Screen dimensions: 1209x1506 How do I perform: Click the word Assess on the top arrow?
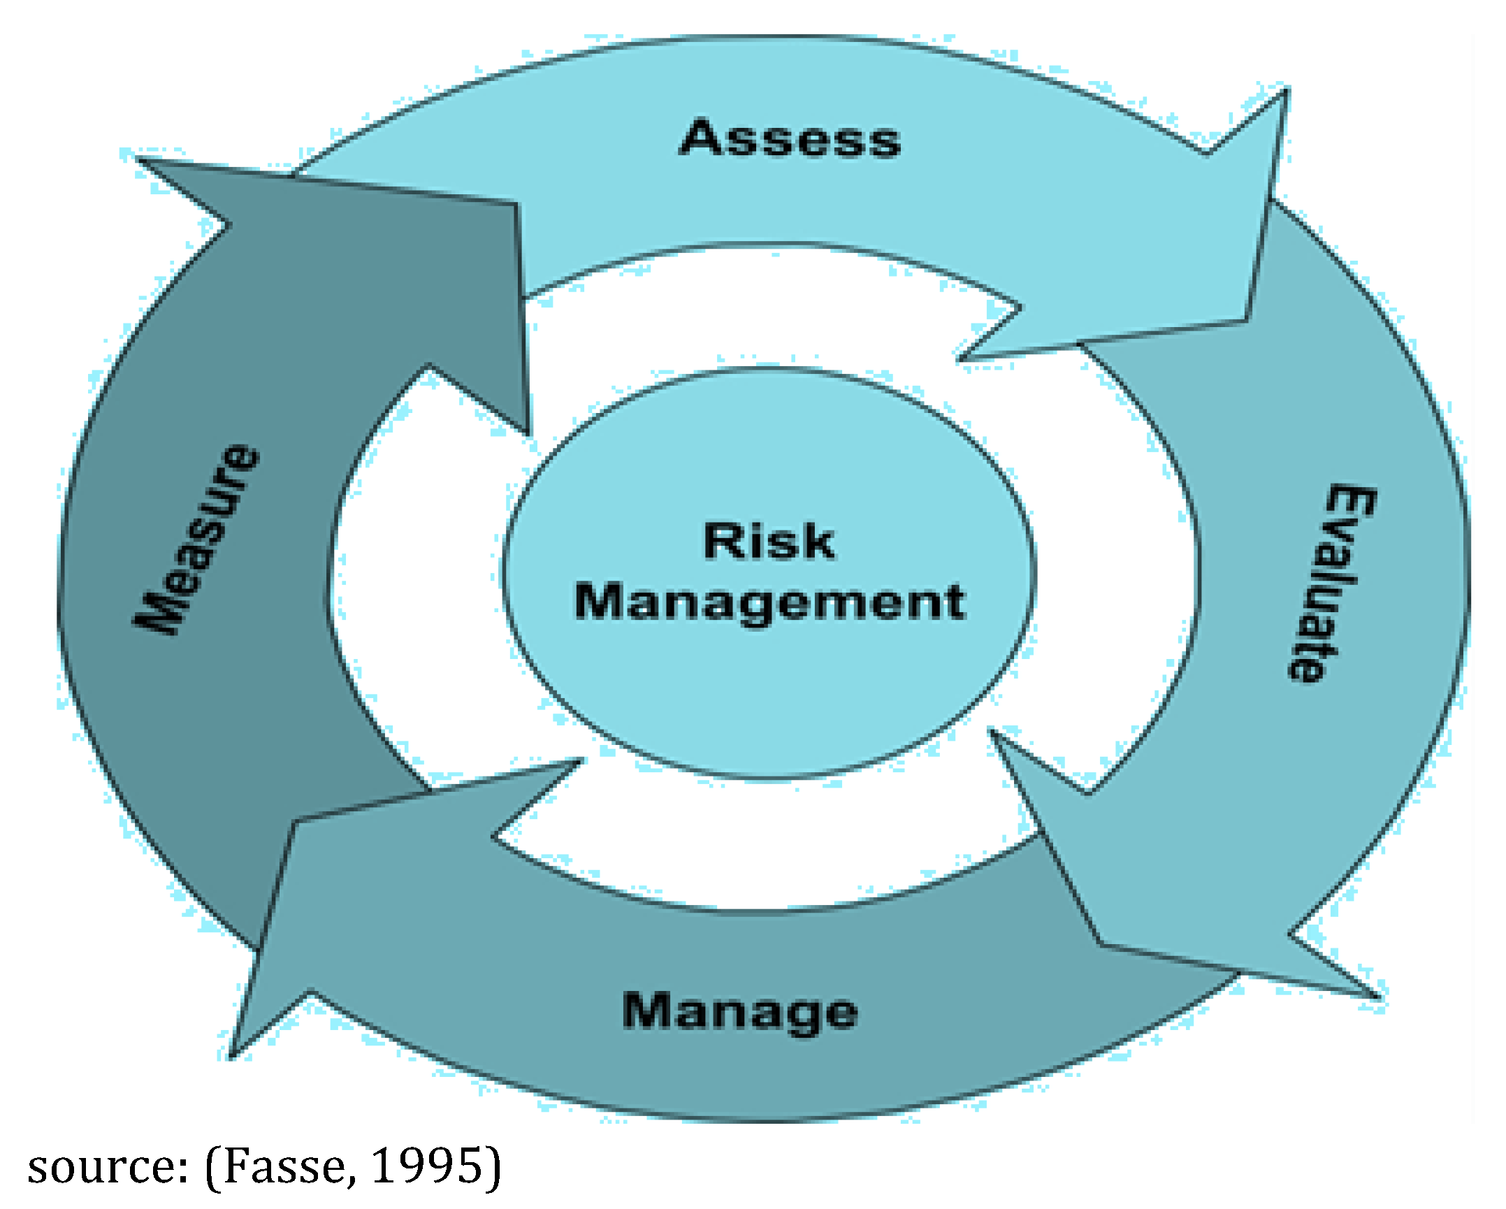(790, 138)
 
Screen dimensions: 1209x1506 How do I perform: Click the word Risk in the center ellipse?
(769, 541)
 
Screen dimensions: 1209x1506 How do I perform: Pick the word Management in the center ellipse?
(769, 602)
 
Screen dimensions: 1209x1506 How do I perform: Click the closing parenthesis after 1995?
(493, 1166)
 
